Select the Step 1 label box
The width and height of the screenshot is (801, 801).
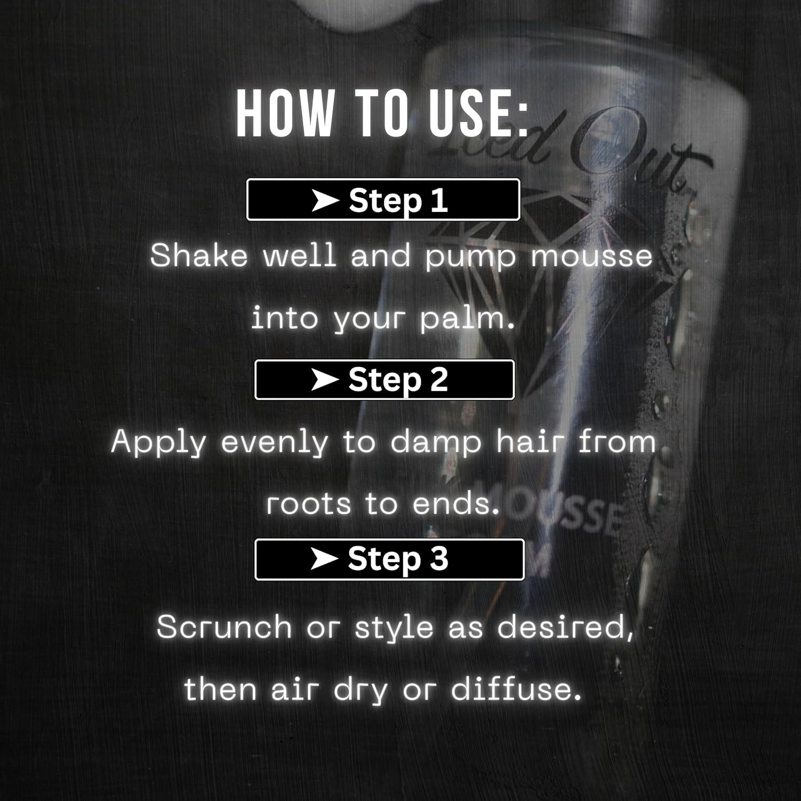click(383, 200)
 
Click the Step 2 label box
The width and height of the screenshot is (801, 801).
click(384, 380)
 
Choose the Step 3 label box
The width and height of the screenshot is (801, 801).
click(389, 559)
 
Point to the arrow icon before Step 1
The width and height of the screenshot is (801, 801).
click(325, 201)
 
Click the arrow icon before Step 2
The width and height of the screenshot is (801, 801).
click(325, 380)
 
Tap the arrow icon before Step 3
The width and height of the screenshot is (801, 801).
click(324, 559)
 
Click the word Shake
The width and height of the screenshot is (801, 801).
click(199, 255)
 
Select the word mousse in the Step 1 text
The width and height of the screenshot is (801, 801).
click(591, 255)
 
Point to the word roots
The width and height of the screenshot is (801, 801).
click(308, 504)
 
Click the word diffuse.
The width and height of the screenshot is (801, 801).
click(516, 689)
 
